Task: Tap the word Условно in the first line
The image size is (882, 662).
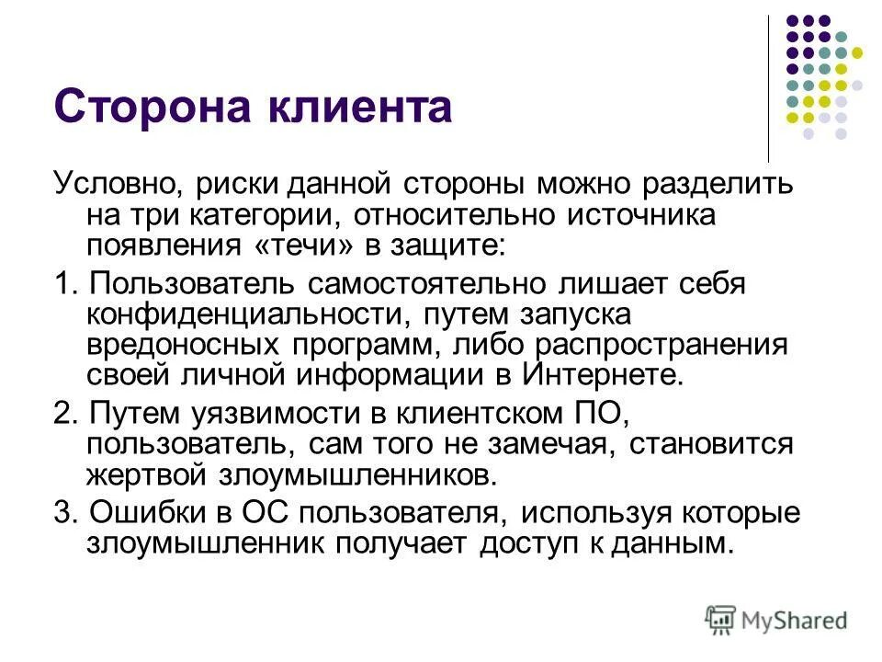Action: (x=117, y=183)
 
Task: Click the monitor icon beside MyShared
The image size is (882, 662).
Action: (x=721, y=620)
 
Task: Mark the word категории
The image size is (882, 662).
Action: (x=274, y=215)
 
